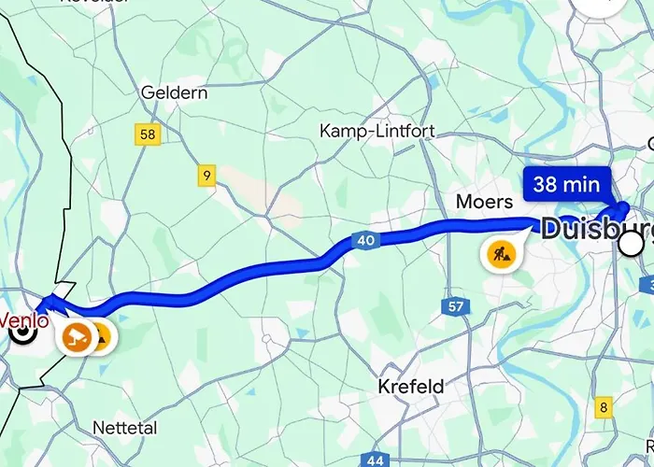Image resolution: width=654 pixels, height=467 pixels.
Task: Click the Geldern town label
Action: click(x=173, y=92)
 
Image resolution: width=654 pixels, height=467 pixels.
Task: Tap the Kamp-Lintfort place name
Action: click(x=377, y=131)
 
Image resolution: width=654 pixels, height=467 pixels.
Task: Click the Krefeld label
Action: click(x=411, y=386)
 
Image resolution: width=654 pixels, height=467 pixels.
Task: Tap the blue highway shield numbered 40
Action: click(x=366, y=241)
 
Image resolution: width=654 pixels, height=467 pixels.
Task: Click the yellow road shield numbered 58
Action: click(x=148, y=134)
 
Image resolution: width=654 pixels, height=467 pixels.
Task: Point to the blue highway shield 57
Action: click(x=455, y=307)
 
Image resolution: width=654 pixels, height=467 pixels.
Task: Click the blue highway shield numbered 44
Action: click(x=376, y=460)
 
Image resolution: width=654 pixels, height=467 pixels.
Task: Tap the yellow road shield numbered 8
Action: click(x=604, y=407)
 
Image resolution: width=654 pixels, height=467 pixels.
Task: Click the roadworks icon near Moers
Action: click(x=496, y=252)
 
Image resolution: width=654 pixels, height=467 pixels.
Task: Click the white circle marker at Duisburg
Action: click(x=633, y=245)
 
